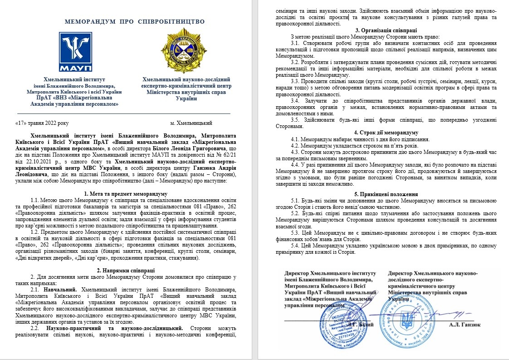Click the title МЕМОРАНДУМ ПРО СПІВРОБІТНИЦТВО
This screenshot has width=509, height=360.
point(135,21)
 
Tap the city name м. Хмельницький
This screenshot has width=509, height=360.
point(191,123)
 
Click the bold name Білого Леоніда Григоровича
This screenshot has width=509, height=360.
point(173,148)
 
